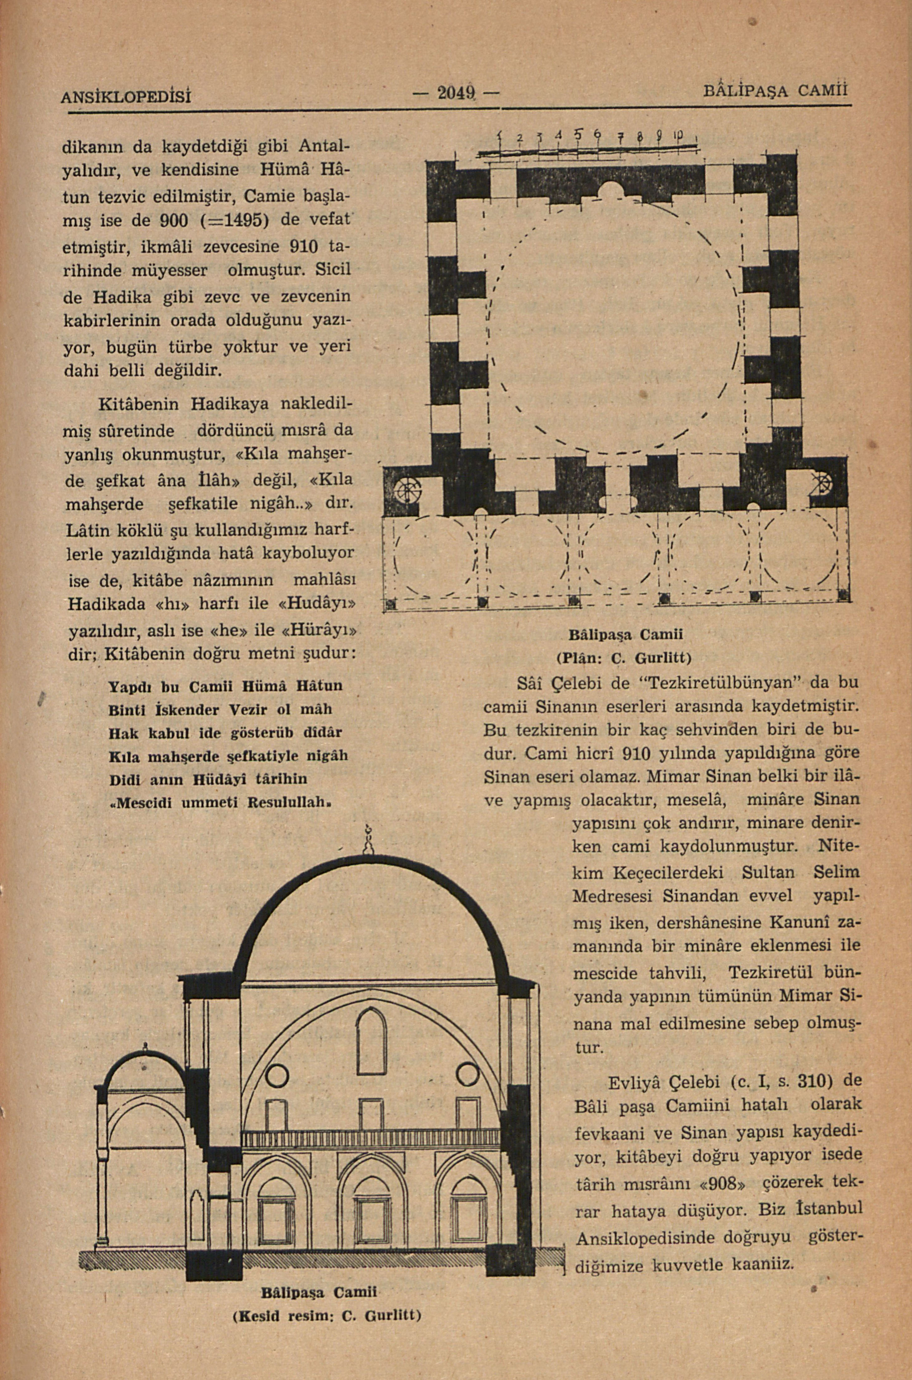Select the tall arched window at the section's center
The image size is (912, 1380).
[x=371, y=1043]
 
